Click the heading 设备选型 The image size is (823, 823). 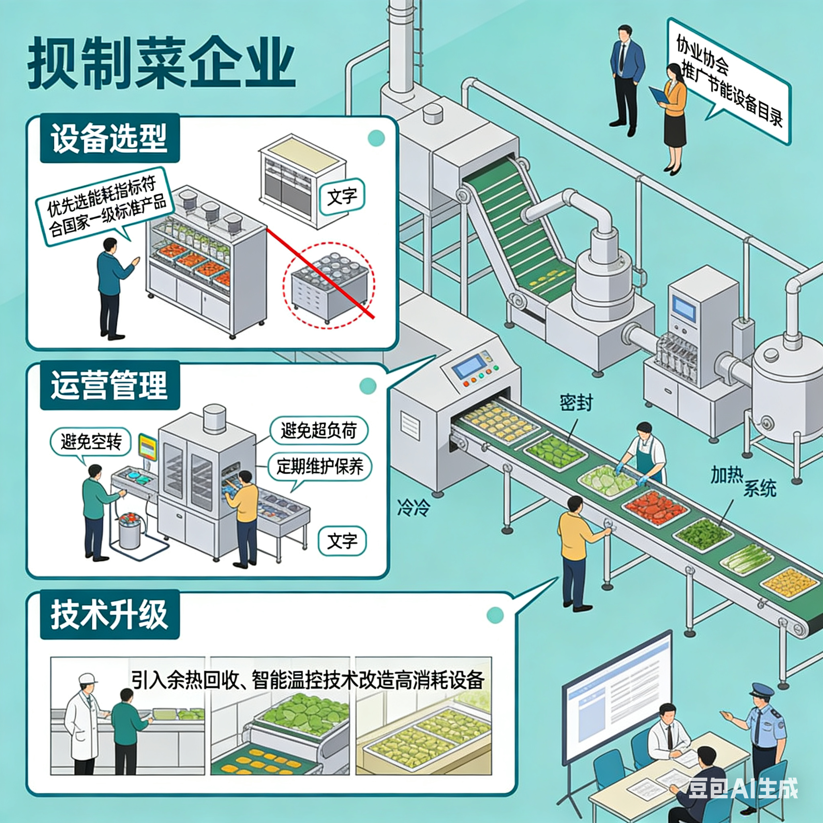109,139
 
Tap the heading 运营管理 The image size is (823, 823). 109,385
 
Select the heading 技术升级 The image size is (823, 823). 109,615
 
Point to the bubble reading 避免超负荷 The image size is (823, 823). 319,430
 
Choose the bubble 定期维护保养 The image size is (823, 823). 319,467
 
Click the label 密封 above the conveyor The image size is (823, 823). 576,402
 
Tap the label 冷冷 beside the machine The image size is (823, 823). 413,508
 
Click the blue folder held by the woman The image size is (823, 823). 659,95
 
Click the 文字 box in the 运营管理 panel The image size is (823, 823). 342,541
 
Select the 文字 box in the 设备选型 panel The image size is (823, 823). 342,197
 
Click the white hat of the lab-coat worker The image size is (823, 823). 88,678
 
